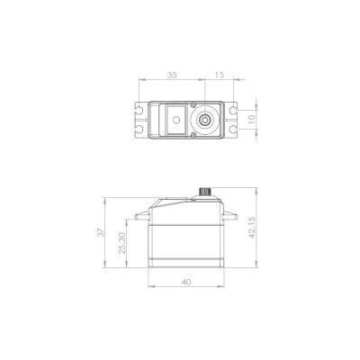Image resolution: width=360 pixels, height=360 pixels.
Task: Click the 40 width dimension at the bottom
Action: click(184, 282)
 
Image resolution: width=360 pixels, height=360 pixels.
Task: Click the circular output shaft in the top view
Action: click(205, 118)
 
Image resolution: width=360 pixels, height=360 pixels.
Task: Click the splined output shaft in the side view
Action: click(205, 191)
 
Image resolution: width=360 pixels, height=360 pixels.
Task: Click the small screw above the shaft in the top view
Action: click(193, 105)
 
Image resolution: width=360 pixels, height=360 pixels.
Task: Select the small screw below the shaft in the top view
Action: click(193, 131)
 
